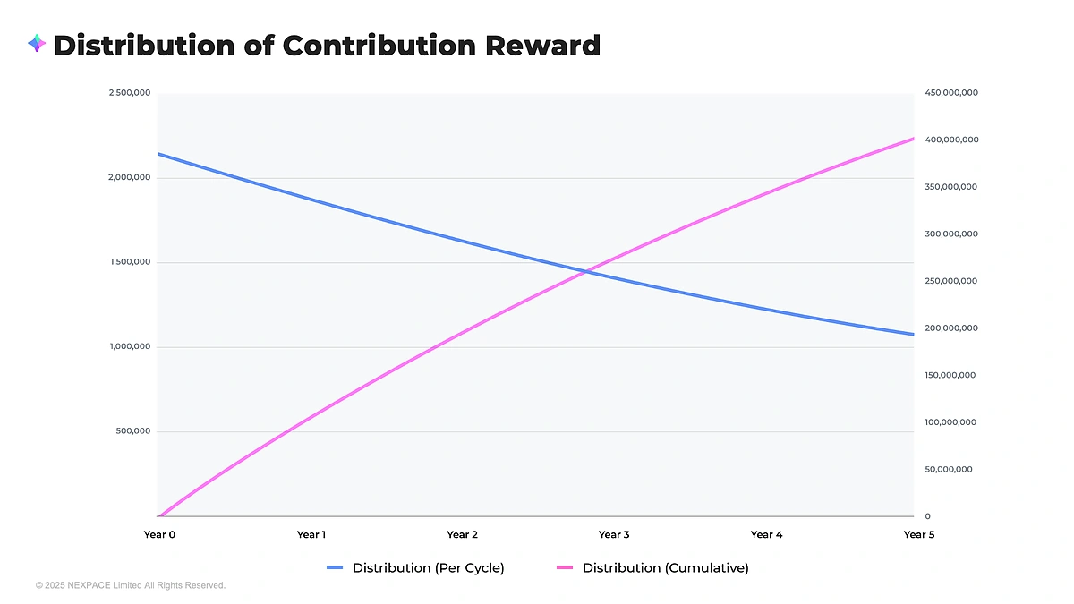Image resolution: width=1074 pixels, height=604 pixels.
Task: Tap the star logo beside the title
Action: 37,43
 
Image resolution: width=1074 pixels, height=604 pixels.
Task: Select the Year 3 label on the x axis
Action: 614,535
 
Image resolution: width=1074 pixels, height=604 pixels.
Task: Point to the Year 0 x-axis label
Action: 159,535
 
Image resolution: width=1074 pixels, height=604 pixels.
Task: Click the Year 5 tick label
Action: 919,535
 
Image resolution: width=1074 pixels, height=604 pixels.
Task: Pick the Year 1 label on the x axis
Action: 311,535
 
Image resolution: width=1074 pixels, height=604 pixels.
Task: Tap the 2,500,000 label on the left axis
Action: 130,93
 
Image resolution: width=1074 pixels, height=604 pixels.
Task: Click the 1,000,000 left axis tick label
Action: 130,347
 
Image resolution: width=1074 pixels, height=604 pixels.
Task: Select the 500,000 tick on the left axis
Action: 133,431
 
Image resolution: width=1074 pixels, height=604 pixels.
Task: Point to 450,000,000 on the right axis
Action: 951,93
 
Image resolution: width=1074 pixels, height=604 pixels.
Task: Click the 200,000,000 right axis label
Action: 951,328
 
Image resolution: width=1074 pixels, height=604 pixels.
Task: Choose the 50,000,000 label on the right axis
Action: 950,470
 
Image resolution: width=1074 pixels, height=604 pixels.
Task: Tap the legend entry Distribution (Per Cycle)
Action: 428,568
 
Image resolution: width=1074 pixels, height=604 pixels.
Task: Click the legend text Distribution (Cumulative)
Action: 665,568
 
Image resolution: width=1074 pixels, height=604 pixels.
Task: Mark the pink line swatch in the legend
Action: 565,568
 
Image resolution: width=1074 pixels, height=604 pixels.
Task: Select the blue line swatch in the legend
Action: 335,568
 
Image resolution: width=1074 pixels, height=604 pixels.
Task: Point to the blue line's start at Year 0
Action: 159,154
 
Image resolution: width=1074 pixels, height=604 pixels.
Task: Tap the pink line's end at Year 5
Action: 913,139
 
